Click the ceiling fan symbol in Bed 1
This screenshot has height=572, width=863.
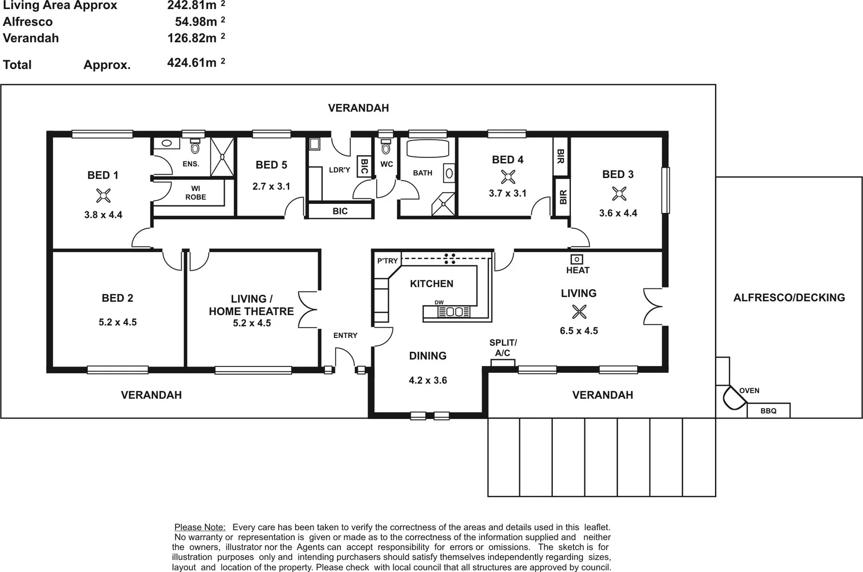coord(103,196)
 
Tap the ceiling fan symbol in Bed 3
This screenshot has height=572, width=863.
coord(619,194)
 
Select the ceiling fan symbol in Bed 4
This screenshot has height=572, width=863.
coord(508,177)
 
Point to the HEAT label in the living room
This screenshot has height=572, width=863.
coord(577,270)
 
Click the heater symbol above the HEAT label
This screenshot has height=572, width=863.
coord(577,259)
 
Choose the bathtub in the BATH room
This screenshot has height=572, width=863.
coord(427,148)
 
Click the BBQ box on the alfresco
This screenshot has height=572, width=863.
coord(768,410)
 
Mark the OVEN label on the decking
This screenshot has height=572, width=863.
coord(749,391)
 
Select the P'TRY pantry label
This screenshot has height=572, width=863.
coord(387,261)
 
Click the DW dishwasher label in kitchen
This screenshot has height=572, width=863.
coord(439,302)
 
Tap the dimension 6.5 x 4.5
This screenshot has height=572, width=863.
coord(578,331)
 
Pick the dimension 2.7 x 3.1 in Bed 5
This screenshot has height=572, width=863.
coord(271,186)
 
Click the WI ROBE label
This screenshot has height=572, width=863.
coord(196,193)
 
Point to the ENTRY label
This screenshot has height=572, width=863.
coord(345,335)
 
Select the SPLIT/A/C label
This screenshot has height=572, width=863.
coord(503,347)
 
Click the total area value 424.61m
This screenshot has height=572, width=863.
coord(192,63)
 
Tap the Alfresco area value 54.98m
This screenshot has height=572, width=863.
coord(196,22)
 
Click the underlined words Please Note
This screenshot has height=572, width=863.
coord(200,527)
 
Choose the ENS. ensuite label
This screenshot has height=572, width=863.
coord(191,164)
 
